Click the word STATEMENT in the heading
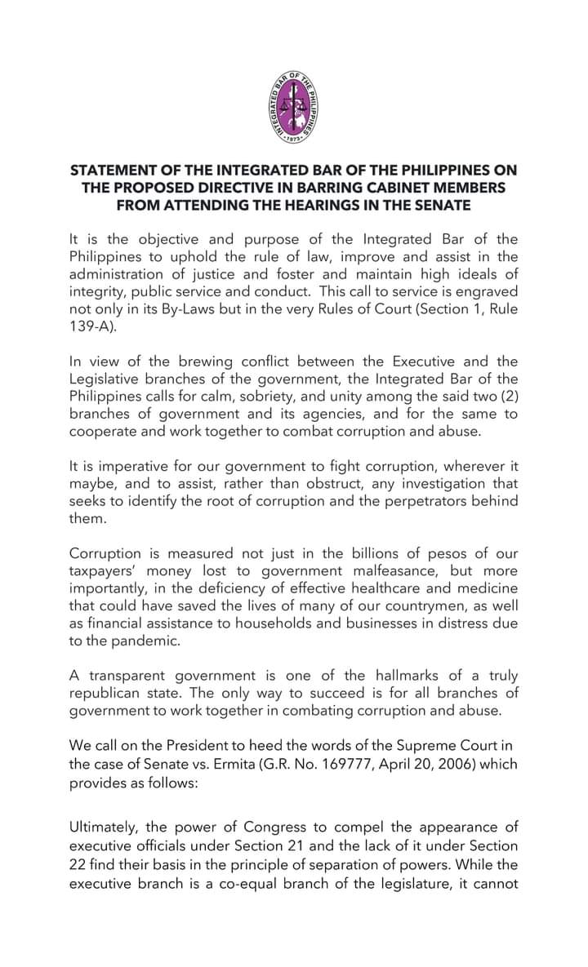pyautogui.click(x=114, y=171)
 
